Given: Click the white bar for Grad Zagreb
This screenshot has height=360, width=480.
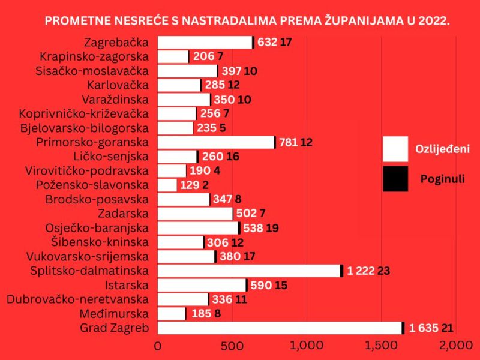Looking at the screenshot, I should (279, 328).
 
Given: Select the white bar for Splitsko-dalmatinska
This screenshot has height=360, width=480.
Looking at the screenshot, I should (248, 271).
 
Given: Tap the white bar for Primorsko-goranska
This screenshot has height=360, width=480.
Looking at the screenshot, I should (215, 142).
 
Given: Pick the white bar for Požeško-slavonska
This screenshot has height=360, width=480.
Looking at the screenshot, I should (167, 185).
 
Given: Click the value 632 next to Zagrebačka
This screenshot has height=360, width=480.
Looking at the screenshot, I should (266, 43).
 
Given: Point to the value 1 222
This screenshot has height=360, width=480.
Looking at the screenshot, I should (359, 271).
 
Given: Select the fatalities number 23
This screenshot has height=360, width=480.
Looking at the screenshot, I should (384, 271).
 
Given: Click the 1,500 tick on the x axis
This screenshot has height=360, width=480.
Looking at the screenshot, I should (382, 346).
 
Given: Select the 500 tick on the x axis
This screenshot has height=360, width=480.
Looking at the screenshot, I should (232, 346).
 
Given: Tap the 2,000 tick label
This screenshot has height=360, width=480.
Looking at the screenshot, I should (456, 346).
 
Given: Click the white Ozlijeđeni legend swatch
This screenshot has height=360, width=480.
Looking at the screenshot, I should (395, 149).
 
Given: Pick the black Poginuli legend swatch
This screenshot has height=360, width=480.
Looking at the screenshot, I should (395, 179).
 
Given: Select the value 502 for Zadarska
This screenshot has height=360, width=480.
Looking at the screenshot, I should (247, 214).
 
